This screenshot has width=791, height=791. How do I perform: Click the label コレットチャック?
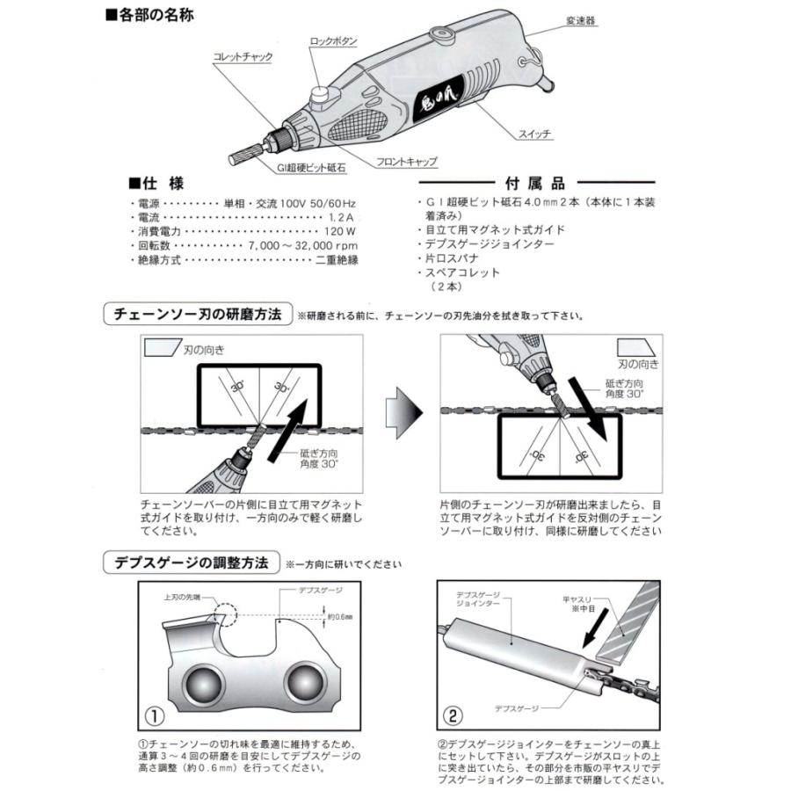click(243, 57)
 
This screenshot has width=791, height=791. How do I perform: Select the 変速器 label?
click(582, 18)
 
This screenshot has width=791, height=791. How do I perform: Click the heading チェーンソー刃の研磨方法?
click(194, 315)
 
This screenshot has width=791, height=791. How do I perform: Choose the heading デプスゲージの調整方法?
click(190, 562)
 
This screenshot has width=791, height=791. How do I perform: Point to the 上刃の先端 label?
click(183, 596)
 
